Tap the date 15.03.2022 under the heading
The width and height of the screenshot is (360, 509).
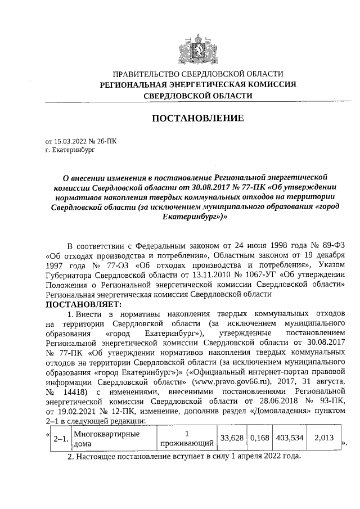coord(69,142)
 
